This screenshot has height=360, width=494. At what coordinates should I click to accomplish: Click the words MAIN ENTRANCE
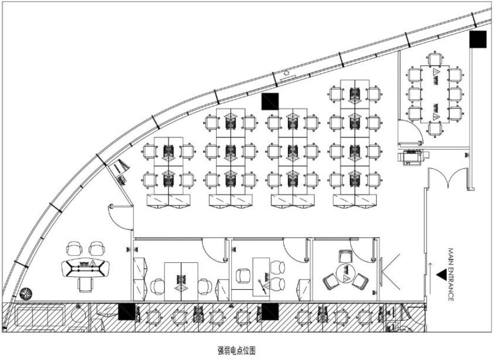pyautogui.click(x=451, y=274)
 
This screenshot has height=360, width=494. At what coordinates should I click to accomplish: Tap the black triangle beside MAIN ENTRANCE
pyautogui.click(x=441, y=275)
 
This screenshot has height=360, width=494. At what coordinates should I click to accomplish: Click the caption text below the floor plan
pyautogui.click(x=236, y=350)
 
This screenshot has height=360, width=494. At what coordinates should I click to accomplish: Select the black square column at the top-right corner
pyautogui.click(x=478, y=39)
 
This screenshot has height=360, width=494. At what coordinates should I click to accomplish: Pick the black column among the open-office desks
pyautogui.click(x=270, y=101)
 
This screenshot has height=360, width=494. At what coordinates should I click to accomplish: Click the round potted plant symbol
pyautogui.click(x=26, y=293)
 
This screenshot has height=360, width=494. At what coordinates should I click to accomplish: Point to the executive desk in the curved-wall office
pyautogui.click(x=85, y=268)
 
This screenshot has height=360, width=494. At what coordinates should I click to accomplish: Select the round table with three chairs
pyautogui.click(x=345, y=274)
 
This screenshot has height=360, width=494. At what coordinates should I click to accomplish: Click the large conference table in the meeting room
pyautogui.click(x=435, y=94)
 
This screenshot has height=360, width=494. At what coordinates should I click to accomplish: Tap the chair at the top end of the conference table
pyautogui.click(x=435, y=58)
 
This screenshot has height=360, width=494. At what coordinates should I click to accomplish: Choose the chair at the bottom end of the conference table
pyautogui.click(x=435, y=129)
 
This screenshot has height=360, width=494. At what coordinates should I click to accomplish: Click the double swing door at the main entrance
pyautogui.click(x=447, y=178)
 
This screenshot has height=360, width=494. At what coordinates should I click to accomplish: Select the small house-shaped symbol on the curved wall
pyautogui.click(x=286, y=73)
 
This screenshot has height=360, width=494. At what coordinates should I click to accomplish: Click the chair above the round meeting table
pyautogui.click(x=345, y=256)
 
